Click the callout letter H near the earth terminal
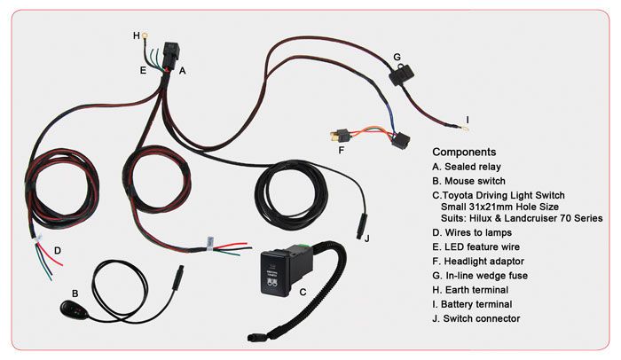click(137, 35)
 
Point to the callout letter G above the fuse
click(397, 57)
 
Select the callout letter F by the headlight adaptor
click(341, 150)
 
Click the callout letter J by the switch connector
click(366, 237)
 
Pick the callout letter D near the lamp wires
click(57, 250)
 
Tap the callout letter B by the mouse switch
click(75, 292)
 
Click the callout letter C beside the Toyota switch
click(303, 290)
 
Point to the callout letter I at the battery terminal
click(467, 119)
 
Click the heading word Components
click(464, 152)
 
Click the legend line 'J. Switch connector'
click(488, 318)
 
